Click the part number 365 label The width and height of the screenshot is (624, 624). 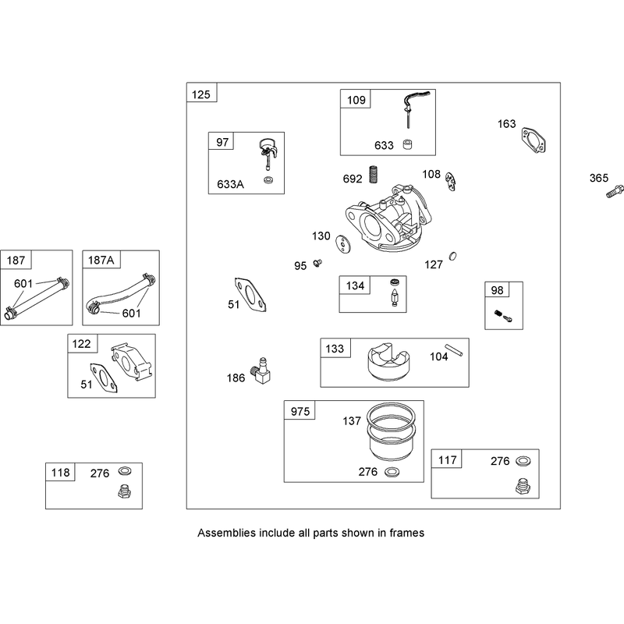[598, 178]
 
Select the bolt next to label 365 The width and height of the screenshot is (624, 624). [615, 191]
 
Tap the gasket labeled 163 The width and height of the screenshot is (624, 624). [534, 140]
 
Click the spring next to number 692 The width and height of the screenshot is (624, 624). [374, 174]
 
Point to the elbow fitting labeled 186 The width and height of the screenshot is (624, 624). [261, 371]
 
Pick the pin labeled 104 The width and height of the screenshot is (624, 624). [454, 349]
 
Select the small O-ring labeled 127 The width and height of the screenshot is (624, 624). [452, 257]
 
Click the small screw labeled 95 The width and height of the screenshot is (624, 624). [317, 263]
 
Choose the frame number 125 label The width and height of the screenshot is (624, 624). [201, 94]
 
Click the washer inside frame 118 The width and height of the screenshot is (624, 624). [125, 471]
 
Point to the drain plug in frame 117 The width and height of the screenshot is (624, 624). [523, 486]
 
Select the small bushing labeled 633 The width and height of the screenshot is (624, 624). [407, 144]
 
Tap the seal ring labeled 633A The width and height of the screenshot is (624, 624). [268, 180]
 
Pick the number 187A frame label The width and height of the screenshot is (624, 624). [101, 261]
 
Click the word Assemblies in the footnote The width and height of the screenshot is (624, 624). [226, 533]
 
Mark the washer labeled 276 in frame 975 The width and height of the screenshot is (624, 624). [392, 472]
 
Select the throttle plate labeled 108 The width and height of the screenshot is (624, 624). [451, 182]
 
